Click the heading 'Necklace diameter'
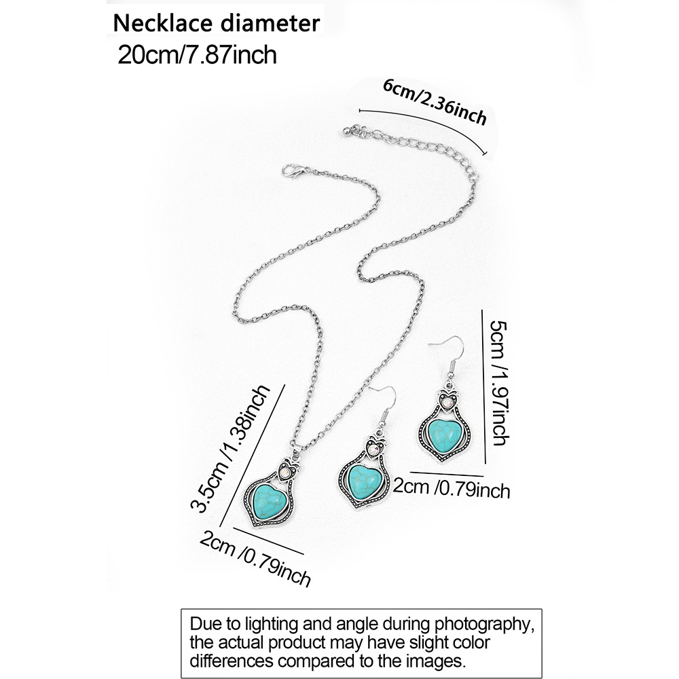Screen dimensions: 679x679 216,23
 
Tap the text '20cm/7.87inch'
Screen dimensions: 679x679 197,54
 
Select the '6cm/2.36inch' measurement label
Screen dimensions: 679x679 435,101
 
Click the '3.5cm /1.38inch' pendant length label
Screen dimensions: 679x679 229,447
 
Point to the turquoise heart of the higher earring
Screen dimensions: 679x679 445,432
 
